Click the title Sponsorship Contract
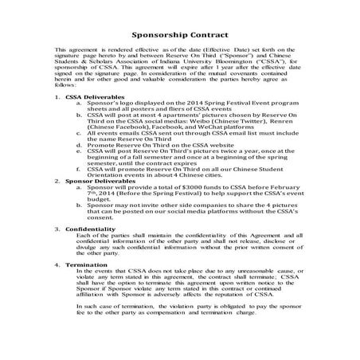pos(179,36)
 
